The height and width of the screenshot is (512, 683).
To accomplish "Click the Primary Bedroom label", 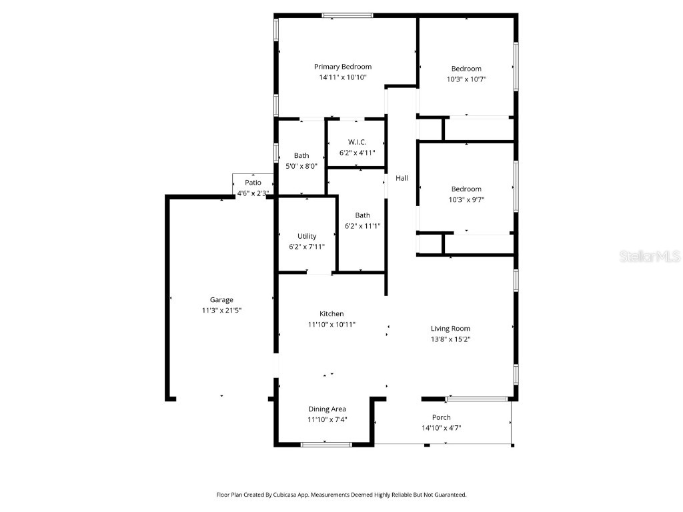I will pos(343,67).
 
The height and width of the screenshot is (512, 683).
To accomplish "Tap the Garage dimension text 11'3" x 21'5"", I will pos(221,310).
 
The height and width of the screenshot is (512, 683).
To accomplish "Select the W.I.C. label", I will pos(358,142).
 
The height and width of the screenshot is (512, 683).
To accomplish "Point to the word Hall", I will pos(402,178).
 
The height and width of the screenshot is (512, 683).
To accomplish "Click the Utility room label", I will pos(307,236).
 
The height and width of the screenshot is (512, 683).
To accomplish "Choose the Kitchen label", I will pos(331,314).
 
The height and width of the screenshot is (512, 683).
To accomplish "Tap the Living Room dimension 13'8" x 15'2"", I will pos(450,339).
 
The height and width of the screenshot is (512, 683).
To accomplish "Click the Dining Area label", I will pos(327,409).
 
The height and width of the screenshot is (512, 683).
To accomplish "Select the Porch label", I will pos(442,418).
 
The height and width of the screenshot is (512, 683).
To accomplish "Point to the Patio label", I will pos(253,183).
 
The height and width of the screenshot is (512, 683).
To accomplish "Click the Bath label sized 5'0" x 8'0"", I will pos(301,156).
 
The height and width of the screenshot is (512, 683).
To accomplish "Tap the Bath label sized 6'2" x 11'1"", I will pos(362,215).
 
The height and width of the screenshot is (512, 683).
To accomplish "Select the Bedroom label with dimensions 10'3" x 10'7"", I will pos(466,69).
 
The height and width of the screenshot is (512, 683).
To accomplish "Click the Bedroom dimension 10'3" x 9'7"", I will pos(466,199).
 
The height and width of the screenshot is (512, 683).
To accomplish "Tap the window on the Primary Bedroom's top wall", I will pos(348,15).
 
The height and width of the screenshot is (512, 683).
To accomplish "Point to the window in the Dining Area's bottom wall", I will pos(326,445).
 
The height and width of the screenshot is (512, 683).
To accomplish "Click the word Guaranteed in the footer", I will pos(450,495).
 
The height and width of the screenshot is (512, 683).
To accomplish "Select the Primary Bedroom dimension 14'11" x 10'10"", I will pos(343,77).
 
